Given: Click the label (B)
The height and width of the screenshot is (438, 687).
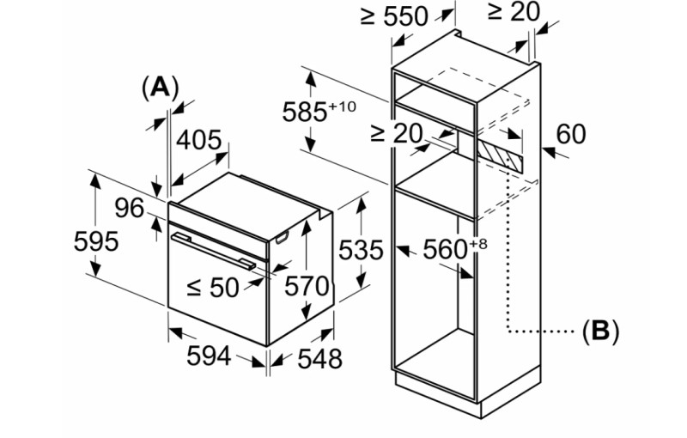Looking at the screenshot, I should point(600,331).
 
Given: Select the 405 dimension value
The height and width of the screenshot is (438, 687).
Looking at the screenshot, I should point(199,140).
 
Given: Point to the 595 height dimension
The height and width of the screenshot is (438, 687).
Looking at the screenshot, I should point(96,241).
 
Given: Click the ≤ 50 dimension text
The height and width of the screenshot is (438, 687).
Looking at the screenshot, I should point(212,287).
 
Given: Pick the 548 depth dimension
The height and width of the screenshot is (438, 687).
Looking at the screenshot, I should point(319,358).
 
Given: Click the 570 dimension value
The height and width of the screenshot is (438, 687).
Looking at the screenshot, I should point(307,286).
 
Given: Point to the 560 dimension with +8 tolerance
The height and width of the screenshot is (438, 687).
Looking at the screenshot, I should point(454,249).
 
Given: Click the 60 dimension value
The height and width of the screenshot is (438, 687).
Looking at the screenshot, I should point(572,134).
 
